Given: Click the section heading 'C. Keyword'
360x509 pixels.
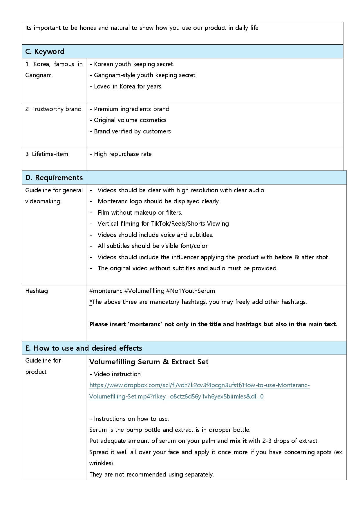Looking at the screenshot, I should tap(45, 52).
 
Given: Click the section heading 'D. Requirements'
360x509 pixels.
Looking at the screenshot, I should tap(54, 177).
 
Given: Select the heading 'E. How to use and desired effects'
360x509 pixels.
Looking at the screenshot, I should tap(84, 348).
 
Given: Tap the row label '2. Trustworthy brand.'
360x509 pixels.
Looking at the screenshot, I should tap(54, 109).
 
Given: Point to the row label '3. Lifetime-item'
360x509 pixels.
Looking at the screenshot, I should tap(47, 154).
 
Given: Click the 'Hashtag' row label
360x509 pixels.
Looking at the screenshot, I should tap(37, 291).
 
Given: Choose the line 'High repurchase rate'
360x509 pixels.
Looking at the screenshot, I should tap(122, 154).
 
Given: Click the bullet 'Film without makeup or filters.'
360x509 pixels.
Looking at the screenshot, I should tap(140, 213).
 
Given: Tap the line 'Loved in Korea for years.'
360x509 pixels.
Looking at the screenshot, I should tap(128, 86).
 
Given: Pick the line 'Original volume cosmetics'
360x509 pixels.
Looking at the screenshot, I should tap(130, 120).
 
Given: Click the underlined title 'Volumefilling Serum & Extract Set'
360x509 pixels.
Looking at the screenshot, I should tap(149, 362).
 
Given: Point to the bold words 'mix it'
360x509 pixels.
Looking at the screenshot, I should tap(238, 441).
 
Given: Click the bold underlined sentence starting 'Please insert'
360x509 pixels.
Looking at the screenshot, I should tap(213, 324).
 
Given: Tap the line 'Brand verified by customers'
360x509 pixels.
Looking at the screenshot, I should tap(132, 131).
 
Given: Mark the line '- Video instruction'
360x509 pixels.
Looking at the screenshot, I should tap(115, 374).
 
